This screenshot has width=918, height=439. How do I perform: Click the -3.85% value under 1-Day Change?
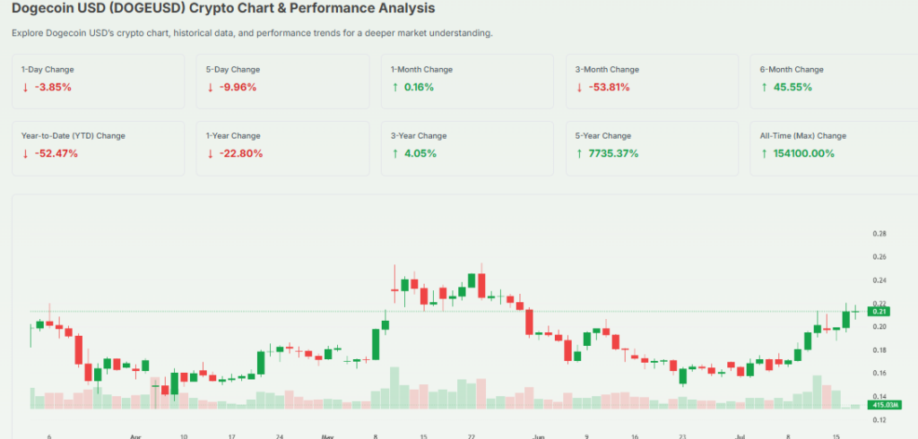pyautogui.click(x=52, y=87)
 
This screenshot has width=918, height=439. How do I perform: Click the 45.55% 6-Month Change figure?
pyautogui.click(x=786, y=87)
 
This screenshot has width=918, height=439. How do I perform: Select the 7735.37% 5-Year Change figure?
pyautogui.click(x=611, y=153)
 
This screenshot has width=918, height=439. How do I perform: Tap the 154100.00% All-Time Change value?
pyautogui.click(x=803, y=153)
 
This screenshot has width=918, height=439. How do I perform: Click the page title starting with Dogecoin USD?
pyautogui.click(x=223, y=9)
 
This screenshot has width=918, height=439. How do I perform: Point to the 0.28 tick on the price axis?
pyautogui.click(x=879, y=234)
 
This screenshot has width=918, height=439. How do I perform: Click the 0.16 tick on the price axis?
pyautogui.click(x=879, y=373)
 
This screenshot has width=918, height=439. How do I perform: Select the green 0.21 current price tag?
pyautogui.click(x=879, y=312)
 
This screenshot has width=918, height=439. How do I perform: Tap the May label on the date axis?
pyautogui.click(x=326, y=436)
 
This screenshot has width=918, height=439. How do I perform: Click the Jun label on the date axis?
pyautogui.click(x=538, y=436)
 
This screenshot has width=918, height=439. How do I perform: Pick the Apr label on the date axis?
pyautogui.click(x=135, y=436)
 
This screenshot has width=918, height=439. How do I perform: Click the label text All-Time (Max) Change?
pyautogui.click(x=802, y=136)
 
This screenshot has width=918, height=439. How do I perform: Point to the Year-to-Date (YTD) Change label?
pyautogui.click(x=74, y=136)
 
